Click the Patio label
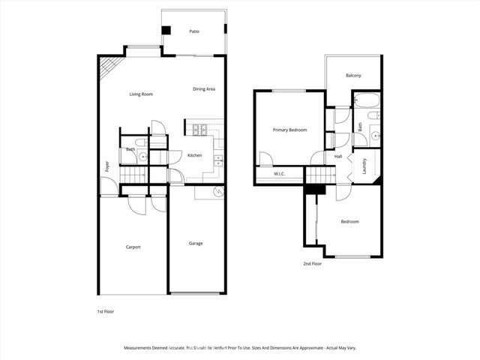point(194,32)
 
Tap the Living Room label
point(141,94)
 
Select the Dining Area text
point(204,89)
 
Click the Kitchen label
point(194,155)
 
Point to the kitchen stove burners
point(200,130)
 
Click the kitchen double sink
point(218,159)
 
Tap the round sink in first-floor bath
point(142,157)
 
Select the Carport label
point(133,247)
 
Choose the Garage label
point(196,243)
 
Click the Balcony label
point(353,76)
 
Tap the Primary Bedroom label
point(289,130)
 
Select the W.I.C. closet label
point(280,175)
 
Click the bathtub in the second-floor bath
point(367,100)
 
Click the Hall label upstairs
point(338,156)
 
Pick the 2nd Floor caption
point(312,264)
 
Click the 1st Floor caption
point(104,311)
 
